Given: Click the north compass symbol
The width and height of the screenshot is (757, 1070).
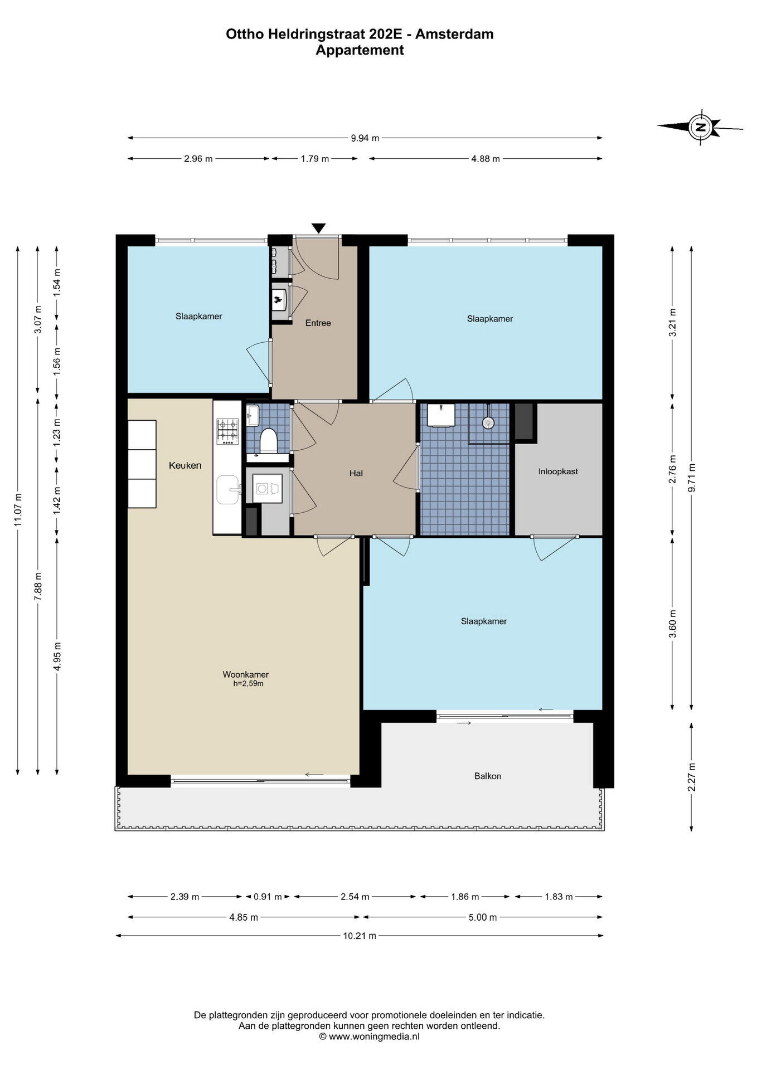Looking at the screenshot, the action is pyautogui.click(x=700, y=127).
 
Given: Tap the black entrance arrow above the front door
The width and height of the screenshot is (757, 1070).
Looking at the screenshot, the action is pyautogui.click(x=318, y=228).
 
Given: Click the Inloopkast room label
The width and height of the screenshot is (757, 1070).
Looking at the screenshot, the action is pyautogui.click(x=558, y=471).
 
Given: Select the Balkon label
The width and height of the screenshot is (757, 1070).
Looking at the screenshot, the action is pyautogui.click(x=488, y=776).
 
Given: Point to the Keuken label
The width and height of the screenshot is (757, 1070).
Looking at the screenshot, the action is pyautogui.click(x=185, y=465).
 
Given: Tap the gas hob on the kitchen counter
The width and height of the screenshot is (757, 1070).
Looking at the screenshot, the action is pyautogui.click(x=227, y=431).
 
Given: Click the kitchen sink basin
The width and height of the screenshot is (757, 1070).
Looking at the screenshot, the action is pyautogui.click(x=228, y=489).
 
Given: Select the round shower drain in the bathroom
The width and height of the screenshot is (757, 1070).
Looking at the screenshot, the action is pyautogui.click(x=488, y=423).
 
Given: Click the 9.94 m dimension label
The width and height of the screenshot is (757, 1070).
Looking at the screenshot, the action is pyautogui.click(x=365, y=138).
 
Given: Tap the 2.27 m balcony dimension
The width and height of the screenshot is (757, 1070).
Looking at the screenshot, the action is pyautogui.click(x=692, y=777).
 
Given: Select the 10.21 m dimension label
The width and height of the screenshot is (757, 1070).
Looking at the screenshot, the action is pyautogui.click(x=360, y=936).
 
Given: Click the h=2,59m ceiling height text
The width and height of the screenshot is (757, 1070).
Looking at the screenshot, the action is pyautogui.click(x=248, y=684).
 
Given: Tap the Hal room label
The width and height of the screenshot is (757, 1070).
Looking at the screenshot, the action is pyautogui.click(x=356, y=473).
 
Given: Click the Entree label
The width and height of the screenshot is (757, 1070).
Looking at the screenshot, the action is pyautogui.click(x=318, y=323).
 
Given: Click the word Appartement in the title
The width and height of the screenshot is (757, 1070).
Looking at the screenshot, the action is pyautogui.click(x=360, y=50).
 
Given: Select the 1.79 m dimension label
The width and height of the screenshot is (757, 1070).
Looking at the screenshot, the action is pyautogui.click(x=315, y=159).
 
